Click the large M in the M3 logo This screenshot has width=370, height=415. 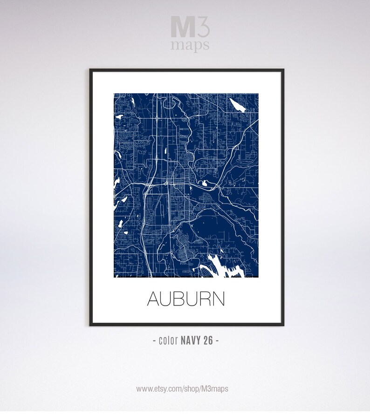coord(181,27)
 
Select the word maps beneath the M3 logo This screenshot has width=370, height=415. coord(190,46)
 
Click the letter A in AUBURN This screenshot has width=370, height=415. coord(154,299)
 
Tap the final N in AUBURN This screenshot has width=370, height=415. coord(218,299)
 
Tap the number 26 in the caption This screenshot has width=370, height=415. coord(208,340)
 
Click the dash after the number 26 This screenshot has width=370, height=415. coord(217,340)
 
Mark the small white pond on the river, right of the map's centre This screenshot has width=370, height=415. coord(204,183)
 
